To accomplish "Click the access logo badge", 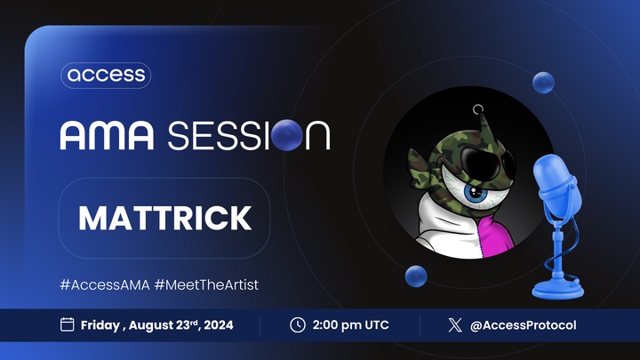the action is pyautogui.click(x=106, y=76).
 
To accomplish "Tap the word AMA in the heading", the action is pyautogui.click(x=107, y=135).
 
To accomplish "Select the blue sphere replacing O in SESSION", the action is pyautogui.click(x=287, y=135).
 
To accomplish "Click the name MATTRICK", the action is pyautogui.click(x=165, y=218).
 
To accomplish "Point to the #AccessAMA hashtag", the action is pyautogui.click(x=105, y=284).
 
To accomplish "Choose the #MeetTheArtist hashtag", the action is pyautogui.click(x=206, y=284).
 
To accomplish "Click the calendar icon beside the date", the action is pyautogui.click(x=68, y=324).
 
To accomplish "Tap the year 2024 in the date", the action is pyautogui.click(x=219, y=325).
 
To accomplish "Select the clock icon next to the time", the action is pyautogui.click(x=298, y=325).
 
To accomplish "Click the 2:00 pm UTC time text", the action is pyautogui.click(x=350, y=325).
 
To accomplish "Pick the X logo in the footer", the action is pyautogui.click(x=455, y=325).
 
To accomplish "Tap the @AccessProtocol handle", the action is pyautogui.click(x=524, y=325).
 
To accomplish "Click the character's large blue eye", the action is pyautogui.click(x=476, y=192).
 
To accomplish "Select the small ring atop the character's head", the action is pyautogui.click(x=478, y=109).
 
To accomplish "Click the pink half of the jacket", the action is pyautogui.click(x=495, y=238).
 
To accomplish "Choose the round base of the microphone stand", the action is pyautogui.click(x=558, y=289).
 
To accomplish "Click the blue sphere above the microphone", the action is pyautogui.click(x=543, y=83).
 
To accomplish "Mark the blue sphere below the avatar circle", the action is pyautogui.click(x=416, y=276).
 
